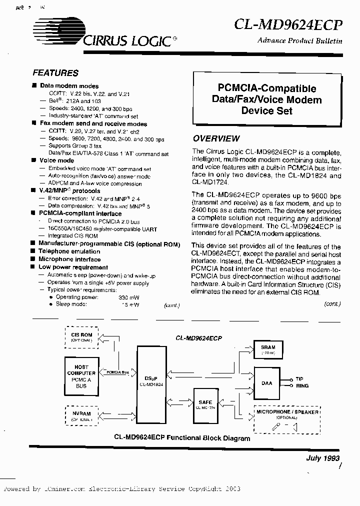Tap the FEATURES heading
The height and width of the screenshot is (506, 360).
click(55, 73)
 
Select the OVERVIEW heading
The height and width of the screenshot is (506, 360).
click(216, 138)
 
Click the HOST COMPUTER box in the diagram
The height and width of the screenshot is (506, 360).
click(81, 376)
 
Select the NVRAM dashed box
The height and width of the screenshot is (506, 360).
click(81, 416)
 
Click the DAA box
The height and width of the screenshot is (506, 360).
click(267, 383)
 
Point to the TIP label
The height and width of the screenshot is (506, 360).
click(299, 379)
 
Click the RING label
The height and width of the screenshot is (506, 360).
click(302, 386)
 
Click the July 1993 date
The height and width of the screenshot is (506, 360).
click(322, 458)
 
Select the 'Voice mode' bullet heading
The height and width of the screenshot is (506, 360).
click(56, 160)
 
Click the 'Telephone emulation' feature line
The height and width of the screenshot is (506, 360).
click(69, 251)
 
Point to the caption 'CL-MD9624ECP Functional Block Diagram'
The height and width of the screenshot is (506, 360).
click(181, 438)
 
